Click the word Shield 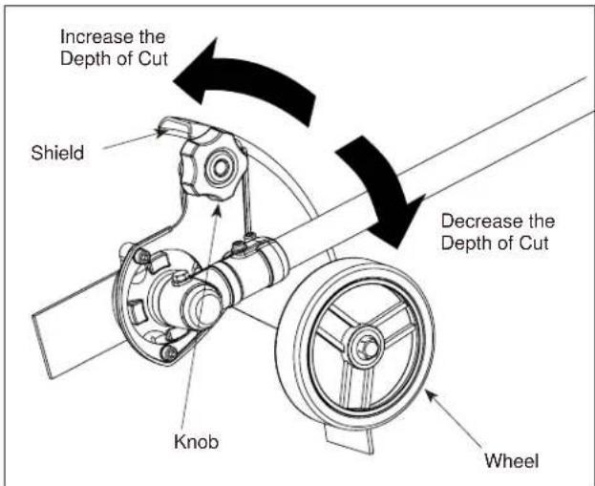[57, 153]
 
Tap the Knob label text [196, 442]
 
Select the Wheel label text [511, 460]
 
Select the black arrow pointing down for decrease [383, 190]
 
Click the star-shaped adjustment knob [213, 165]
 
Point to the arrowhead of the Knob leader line [218, 208]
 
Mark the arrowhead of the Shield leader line [161, 132]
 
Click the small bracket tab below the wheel [350, 439]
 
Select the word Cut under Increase [152, 59]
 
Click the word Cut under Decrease [533, 243]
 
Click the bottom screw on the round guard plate [168, 353]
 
